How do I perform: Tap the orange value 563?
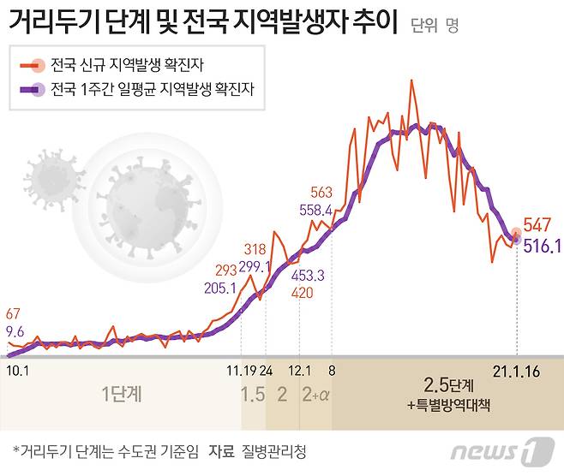click(x=322, y=192)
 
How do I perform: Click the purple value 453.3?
click(x=308, y=276)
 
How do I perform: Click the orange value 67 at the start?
click(x=13, y=313)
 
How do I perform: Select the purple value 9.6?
click(x=15, y=331)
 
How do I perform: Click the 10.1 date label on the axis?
click(x=17, y=371)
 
